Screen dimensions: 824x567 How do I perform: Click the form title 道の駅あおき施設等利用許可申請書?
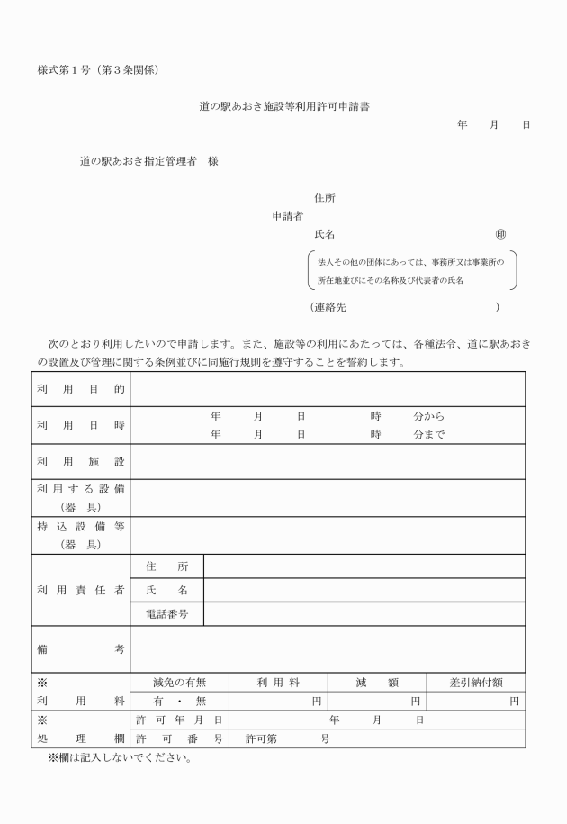tap(283, 106)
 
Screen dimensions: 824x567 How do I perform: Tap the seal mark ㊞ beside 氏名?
tap(500, 235)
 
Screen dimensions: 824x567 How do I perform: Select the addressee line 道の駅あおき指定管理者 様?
tap(148, 161)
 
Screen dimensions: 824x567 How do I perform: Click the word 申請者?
tap(287, 216)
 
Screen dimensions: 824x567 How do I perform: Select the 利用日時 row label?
tap(81, 425)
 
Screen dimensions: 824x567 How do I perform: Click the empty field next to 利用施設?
tap(328, 461)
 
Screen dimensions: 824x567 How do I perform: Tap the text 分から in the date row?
tap(429, 417)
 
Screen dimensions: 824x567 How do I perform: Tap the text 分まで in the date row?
tap(429, 434)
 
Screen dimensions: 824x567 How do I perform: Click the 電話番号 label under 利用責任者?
tap(167, 614)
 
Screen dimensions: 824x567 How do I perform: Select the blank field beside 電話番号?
tap(364, 614)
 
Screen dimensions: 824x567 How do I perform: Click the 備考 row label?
tap(81, 648)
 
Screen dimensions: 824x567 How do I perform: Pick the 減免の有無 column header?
tap(180, 682)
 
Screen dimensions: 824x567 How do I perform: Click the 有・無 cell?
tap(180, 701)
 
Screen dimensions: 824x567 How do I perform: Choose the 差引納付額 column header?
tap(475, 682)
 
